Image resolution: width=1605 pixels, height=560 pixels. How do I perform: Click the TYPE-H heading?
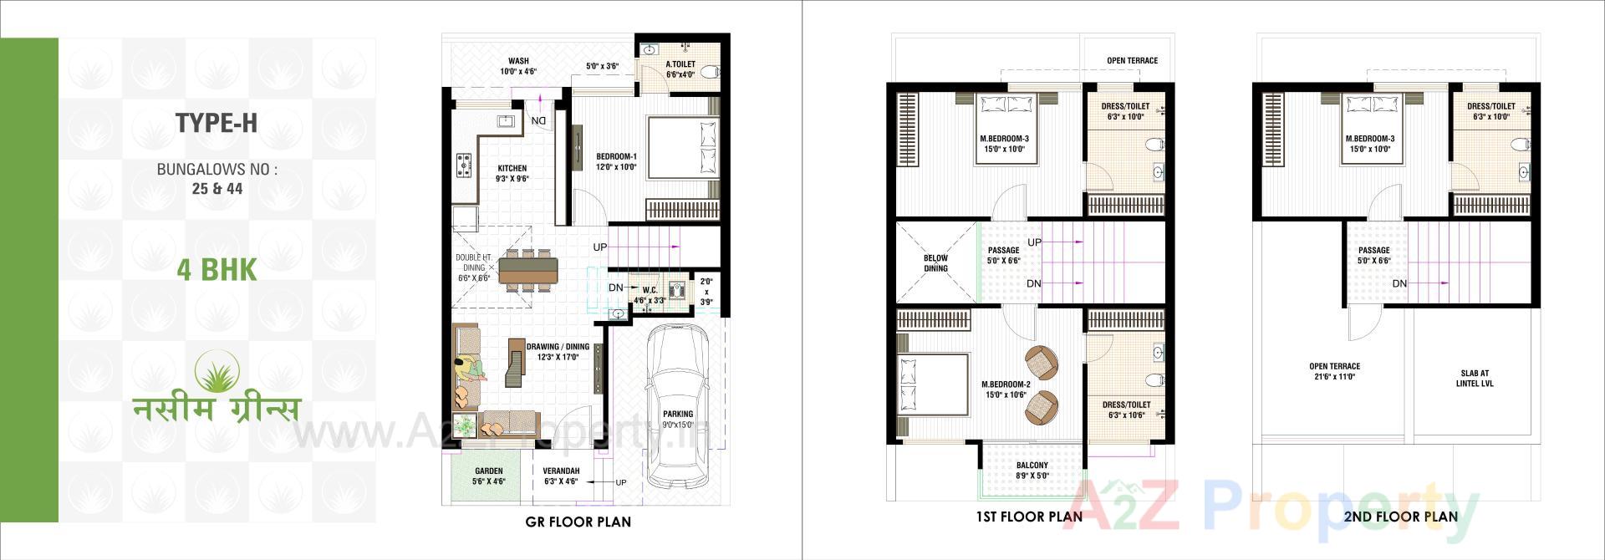[217, 124]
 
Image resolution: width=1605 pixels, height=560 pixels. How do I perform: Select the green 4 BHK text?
[217, 270]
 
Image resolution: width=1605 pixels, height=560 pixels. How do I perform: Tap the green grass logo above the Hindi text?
[217, 372]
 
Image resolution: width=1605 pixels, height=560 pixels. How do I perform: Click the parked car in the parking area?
[678, 407]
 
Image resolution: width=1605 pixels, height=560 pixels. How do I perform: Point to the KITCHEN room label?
[512, 169]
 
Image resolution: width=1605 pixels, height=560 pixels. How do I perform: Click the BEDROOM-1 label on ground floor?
[616, 157]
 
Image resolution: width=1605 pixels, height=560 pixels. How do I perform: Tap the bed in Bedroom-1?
[682, 148]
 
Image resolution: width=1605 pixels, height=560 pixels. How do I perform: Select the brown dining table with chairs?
[528, 269]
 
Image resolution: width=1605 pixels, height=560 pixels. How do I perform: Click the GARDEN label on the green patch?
[488, 471]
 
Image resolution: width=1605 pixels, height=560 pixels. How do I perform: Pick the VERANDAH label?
[561, 471]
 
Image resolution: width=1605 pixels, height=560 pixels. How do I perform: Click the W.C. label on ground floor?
[650, 290]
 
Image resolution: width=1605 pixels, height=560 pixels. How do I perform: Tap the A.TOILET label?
[680, 64]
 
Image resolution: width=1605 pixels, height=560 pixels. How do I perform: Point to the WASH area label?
[518, 61]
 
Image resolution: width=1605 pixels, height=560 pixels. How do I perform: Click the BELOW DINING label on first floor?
[935, 263]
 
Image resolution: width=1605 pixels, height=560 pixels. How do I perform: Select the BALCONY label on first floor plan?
[1032, 466]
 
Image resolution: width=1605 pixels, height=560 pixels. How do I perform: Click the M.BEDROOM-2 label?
[1006, 384]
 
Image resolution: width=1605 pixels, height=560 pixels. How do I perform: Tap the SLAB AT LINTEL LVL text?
[1475, 379]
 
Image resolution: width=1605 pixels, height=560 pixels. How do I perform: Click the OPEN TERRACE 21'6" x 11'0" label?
[1334, 371]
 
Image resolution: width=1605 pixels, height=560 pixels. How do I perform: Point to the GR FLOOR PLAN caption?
[578, 522]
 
